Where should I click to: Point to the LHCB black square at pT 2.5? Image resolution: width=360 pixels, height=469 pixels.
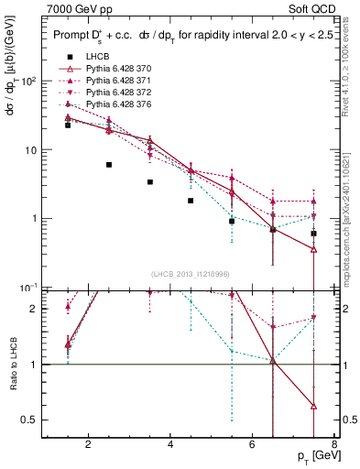click(x=109, y=165)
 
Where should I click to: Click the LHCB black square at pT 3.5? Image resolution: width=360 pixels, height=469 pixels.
click(x=150, y=182)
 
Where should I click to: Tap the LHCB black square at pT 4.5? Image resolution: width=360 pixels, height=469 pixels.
click(x=191, y=201)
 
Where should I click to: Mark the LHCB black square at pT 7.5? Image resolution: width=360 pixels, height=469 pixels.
click(x=314, y=234)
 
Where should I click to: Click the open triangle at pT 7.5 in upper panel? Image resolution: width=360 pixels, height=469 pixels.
click(x=314, y=249)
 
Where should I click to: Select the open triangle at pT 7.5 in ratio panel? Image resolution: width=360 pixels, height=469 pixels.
click(x=314, y=406)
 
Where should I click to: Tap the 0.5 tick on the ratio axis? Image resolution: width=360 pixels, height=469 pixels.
click(x=31, y=420)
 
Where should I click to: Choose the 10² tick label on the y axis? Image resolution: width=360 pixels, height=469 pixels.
click(x=29, y=82)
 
